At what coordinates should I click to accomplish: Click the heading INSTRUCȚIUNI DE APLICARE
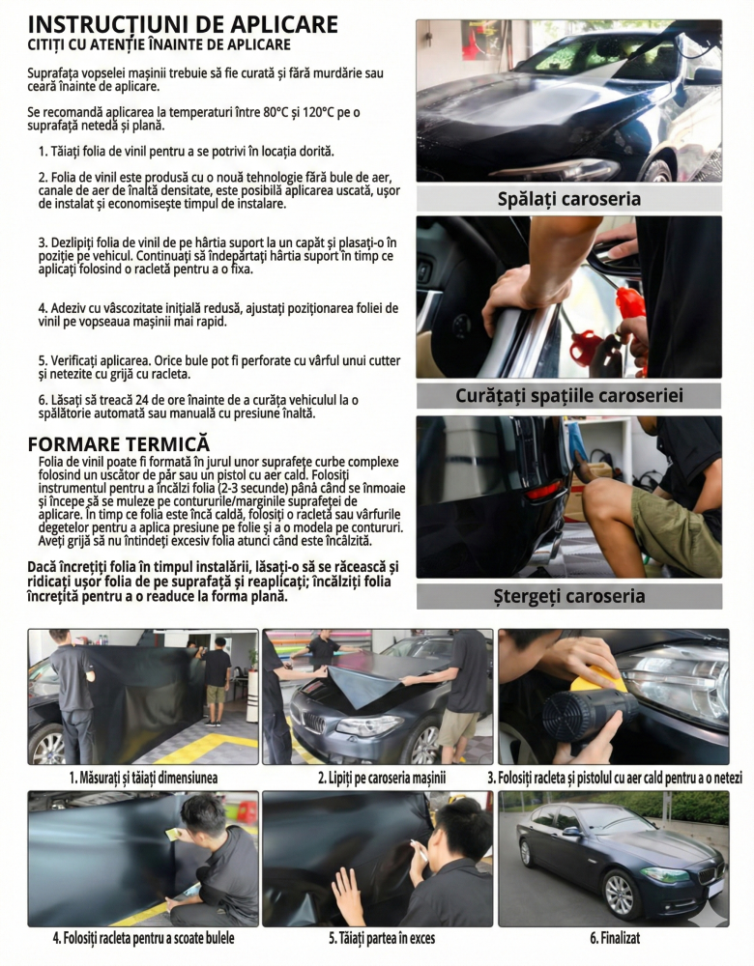[183, 25]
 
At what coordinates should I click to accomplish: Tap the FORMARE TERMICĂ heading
[119, 444]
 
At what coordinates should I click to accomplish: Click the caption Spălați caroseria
[569, 199]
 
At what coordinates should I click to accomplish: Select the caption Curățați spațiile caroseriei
[569, 395]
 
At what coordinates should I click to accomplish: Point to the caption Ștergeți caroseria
[569, 596]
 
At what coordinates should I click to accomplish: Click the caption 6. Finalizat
[615, 938]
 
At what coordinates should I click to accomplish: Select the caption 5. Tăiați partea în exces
[382, 938]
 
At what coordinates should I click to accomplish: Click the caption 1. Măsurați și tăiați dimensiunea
[143, 778]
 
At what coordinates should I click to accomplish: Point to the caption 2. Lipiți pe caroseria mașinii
[382, 778]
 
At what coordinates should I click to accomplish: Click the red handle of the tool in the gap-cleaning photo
[629, 302]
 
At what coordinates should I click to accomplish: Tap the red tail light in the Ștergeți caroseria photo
[544, 491]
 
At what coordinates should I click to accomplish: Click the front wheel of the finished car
[619, 895]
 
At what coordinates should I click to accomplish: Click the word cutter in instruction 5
[385, 361]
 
